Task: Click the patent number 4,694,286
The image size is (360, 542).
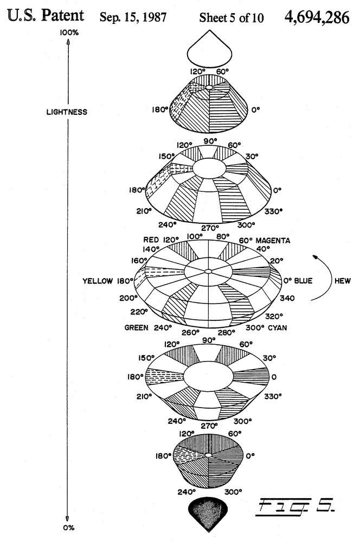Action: [317, 17]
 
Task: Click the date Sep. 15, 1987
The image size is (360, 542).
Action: [133, 17]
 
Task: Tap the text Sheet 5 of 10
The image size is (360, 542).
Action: [232, 18]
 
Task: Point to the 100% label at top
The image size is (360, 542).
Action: [69, 33]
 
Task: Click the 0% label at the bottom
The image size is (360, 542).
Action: [68, 528]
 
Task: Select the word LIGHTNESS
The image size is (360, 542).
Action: [67, 112]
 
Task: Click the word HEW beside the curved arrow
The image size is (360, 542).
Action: [342, 281]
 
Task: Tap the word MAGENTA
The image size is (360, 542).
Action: [273, 241]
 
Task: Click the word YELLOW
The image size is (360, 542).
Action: [98, 281]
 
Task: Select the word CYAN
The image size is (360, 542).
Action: [278, 328]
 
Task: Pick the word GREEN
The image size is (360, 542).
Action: [136, 328]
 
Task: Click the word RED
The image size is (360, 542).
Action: [151, 240]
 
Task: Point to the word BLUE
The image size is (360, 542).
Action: [303, 281]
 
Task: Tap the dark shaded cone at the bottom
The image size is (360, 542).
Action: [209, 513]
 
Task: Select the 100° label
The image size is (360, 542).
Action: [194, 236]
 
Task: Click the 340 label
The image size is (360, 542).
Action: [287, 298]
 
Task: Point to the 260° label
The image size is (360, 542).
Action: [190, 333]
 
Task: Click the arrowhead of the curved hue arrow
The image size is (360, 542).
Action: [314, 257]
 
